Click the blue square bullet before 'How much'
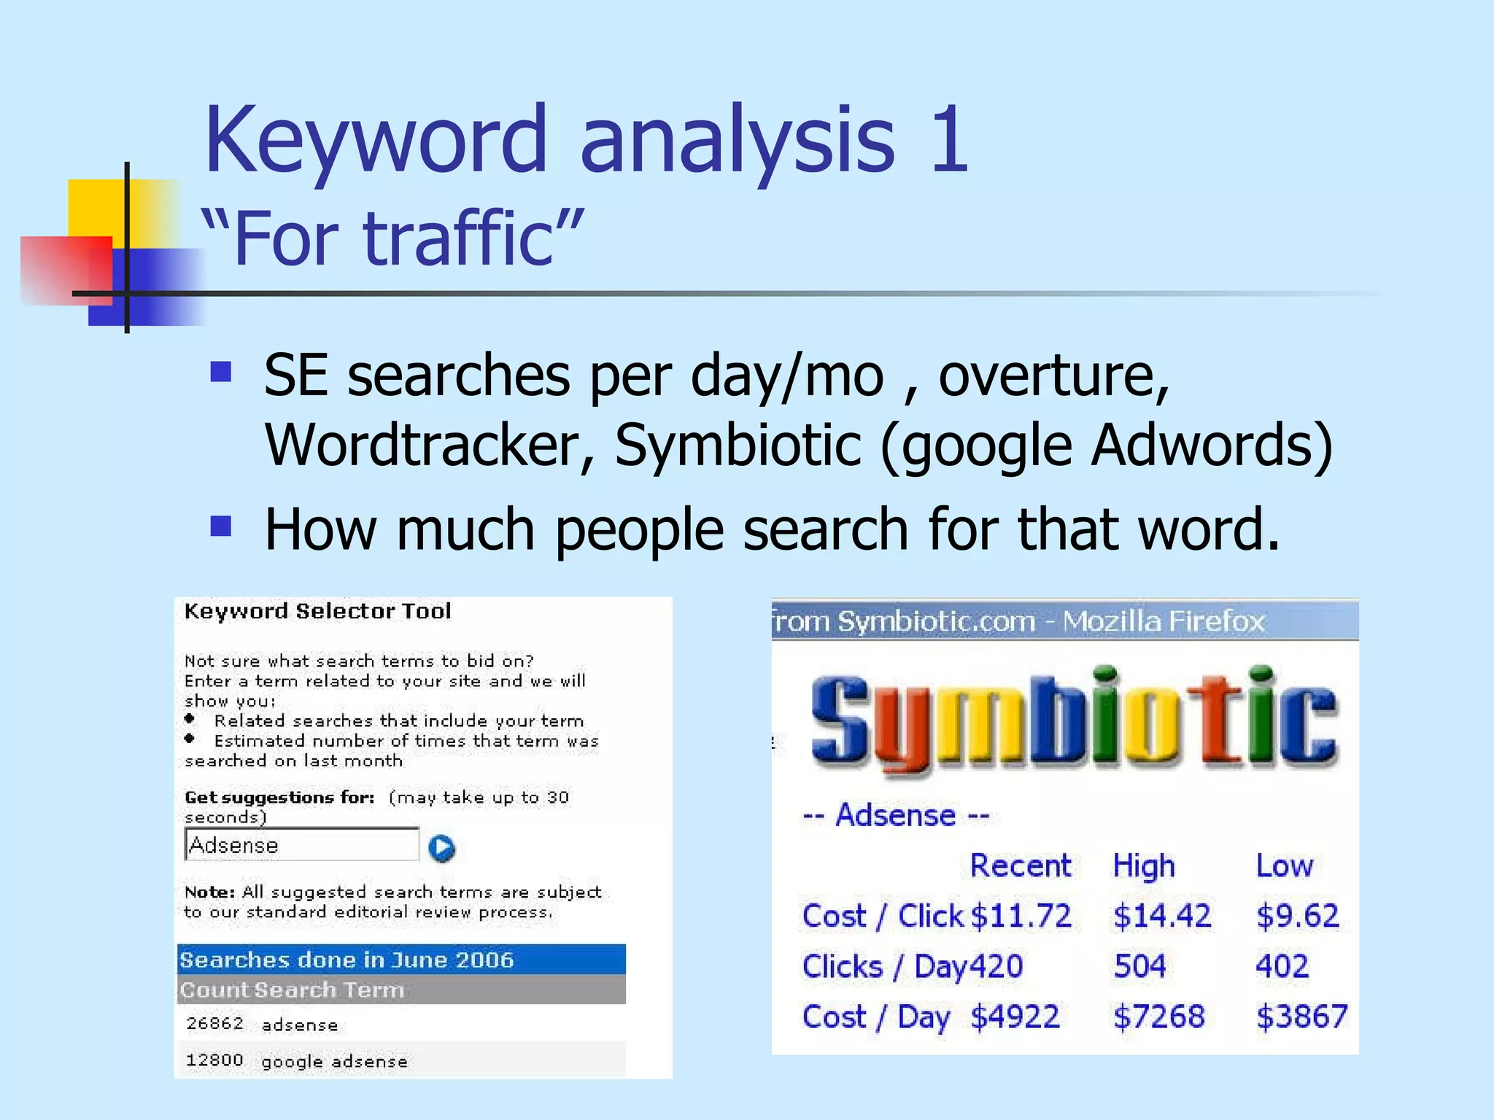[220, 526]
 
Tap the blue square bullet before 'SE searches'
[220, 372]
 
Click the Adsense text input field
[302, 845]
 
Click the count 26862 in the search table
[214, 1023]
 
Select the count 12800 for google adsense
[214, 1059]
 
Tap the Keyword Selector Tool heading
[317, 611]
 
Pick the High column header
[1143, 866]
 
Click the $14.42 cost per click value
[1161, 916]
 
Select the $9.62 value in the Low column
[1297, 916]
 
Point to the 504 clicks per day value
[1139, 966]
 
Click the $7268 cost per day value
[1158, 1016]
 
